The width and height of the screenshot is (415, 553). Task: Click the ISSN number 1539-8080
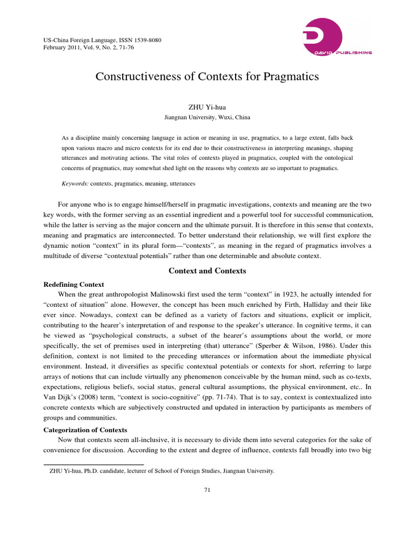tap(145, 41)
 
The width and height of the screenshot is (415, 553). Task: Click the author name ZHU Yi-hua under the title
tap(207, 107)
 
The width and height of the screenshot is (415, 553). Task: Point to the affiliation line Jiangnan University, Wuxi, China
tap(207, 117)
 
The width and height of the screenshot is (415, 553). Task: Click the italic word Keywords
tap(75, 184)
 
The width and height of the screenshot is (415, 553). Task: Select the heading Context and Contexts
tap(207, 271)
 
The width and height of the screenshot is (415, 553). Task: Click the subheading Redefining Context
tap(73, 284)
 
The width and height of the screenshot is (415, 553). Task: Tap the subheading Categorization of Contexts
tap(85, 430)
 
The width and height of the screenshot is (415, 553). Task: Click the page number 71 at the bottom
tap(207, 489)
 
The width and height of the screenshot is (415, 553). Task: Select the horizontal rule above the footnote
tap(93, 464)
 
